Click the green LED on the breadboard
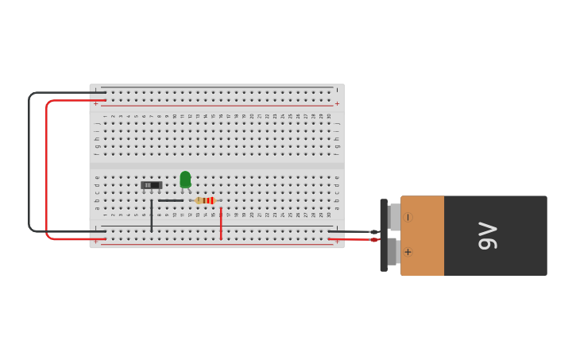(x=185, y=180)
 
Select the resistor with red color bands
(x=206, y=200)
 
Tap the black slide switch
(x=151, y=185)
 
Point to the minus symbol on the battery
(x=408, y=217)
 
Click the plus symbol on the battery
(x=408, y=252)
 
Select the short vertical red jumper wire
(x=221, y=223)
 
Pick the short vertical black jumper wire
(x=152, y=216)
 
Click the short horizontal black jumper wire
(x=171, y=200)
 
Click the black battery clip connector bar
(x=384, y=235)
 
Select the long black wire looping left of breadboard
(x=29, y=159)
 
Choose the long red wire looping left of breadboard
(x=47, y=167)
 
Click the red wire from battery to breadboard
(x=354, y=239)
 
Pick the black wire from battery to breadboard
(x=354, y=231)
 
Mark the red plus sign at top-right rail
(x=337, y=103)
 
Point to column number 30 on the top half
(x=329, y=116)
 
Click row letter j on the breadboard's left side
(x=97, y=124)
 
